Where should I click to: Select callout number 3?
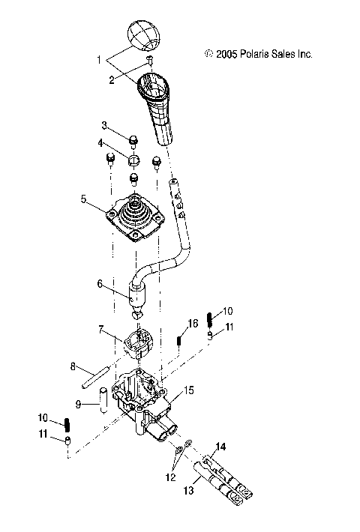click(104, 125)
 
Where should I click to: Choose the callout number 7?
click(98, 284)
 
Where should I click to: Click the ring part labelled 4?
click(134, 160)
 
